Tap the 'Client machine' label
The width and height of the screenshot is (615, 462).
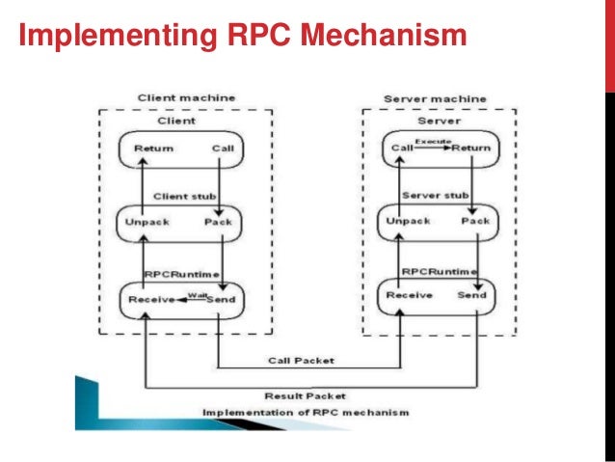(186, 98)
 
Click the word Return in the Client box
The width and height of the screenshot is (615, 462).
(153, 149)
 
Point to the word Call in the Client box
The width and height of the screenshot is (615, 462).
(222, 149)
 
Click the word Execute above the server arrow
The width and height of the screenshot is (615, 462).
(433, 141)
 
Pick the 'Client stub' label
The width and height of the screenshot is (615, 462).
(186, 197)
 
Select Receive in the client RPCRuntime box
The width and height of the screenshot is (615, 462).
(150, 299)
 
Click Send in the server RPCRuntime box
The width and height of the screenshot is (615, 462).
(471, 295)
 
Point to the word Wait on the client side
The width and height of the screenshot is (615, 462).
(199, 293)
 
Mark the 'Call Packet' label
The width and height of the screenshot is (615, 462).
(301, 361)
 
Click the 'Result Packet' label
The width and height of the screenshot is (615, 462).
(305, 395)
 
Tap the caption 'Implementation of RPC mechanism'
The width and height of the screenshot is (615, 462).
(305, 412)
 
